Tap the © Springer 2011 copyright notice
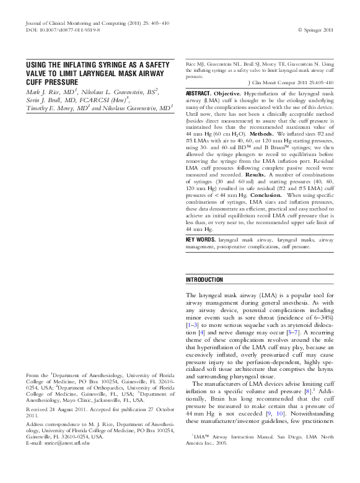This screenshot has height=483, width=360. tap(315, 28)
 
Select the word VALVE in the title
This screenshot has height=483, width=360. tap(39, 73)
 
